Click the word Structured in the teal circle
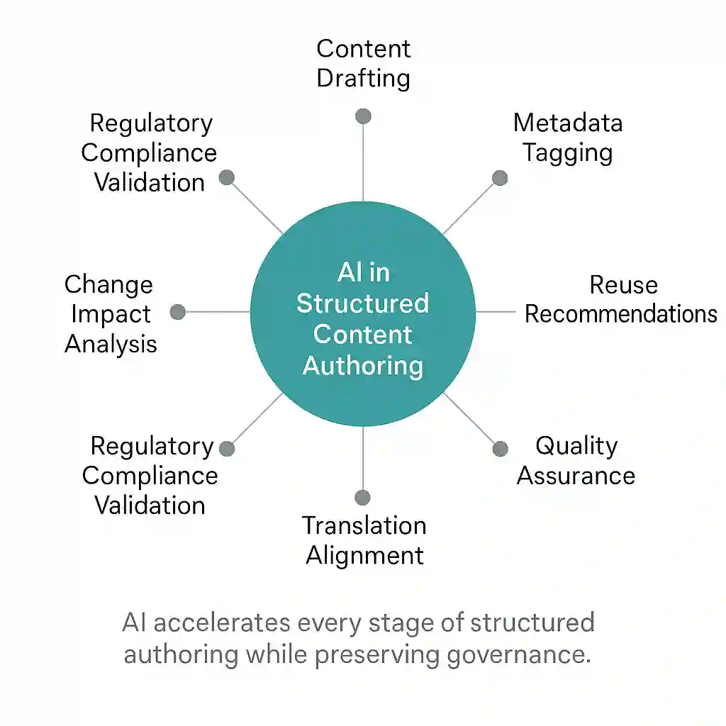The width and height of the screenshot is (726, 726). pos(362,303)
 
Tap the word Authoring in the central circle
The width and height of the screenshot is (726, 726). pos(363,366)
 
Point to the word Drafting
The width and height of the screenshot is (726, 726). pos(364,78)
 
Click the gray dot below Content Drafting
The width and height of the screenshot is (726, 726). pos(364,116)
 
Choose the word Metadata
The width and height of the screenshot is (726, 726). pos(568,123)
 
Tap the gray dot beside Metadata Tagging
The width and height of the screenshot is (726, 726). pos(500,178)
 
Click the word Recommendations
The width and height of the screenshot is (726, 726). pos(621,314)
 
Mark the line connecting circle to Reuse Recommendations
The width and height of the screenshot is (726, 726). pos(496,312)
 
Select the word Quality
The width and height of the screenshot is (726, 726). pos(576,447)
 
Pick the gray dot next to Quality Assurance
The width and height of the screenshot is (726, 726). pos(500,449)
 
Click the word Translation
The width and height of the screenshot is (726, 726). pos(364,526)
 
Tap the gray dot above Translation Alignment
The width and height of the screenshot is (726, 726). pos(362,498)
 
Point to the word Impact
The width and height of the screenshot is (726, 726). pos(111,315)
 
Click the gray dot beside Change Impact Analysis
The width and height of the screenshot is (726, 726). pos(178,312)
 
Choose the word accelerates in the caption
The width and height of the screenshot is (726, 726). pos(221,623)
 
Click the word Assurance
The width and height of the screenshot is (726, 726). pos(576,476)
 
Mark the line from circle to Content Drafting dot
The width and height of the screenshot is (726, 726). pos(364,162)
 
